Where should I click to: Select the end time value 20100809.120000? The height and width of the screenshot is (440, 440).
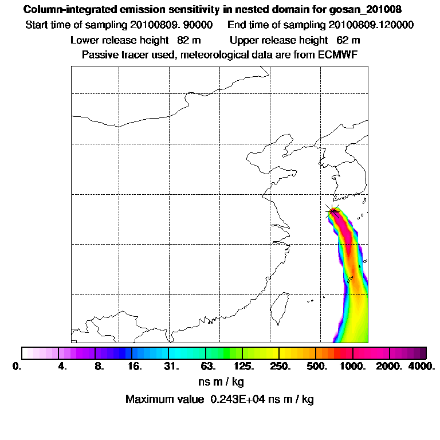pyautogui.click(x=371, y=25)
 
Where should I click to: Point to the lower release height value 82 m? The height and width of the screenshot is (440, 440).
pyautogui.click(x=185, y=40)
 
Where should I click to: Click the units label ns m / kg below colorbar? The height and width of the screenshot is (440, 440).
pyautogui.click(x=220, y=382)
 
